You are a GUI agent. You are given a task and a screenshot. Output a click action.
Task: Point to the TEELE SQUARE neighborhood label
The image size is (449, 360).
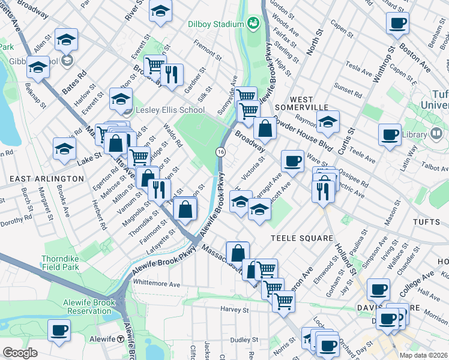click(301, 238)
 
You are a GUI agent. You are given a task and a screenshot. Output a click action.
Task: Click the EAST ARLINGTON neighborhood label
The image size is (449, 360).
click(47, 179)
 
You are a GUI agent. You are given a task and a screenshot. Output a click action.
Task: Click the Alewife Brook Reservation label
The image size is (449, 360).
click(81, 307)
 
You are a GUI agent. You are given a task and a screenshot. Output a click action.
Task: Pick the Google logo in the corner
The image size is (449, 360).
click(20, 353)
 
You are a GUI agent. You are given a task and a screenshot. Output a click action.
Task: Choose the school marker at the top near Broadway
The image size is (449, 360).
click(160, 12)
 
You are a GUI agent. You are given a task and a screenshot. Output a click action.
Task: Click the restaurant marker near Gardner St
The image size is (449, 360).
click(172, 74)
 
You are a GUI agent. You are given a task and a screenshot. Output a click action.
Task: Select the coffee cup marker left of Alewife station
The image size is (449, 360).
click(59, 330)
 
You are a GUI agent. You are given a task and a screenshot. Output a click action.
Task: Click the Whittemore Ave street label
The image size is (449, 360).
click(157, 283)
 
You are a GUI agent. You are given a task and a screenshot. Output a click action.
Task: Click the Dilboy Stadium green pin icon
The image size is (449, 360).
click(253, 24)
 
